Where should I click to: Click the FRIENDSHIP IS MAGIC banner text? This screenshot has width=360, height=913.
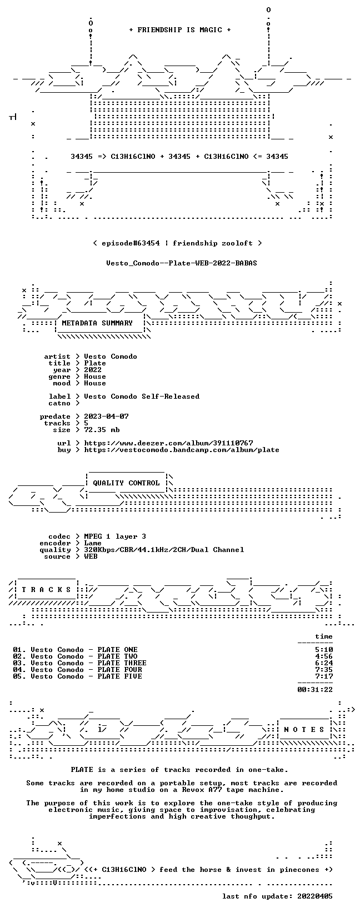[x=180, y=30]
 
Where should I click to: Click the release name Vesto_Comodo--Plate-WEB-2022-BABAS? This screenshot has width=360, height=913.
[x=182, y=263]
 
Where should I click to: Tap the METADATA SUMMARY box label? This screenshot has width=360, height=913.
[x=97, y=323]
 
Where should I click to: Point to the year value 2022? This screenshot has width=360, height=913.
[x=93, y=370]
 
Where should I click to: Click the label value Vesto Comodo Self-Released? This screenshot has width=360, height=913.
[x=142, y=396]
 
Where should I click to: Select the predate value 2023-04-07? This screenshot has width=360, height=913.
[x=106, y=416]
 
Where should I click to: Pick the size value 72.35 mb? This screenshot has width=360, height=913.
[x=102, y=430]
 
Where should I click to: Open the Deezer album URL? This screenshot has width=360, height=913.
[x=168, y=443]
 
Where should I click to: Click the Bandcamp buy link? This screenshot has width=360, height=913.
[x=182, y=450]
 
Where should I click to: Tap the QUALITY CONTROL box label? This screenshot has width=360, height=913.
[x=126, y=483]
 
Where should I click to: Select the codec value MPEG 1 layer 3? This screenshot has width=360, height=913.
[x=115, y=536]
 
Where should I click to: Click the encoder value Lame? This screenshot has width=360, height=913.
[x=93, y=543]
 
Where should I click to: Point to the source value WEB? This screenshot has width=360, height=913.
[x=91, y=556]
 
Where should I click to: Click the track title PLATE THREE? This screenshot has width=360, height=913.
[x=122, y=663]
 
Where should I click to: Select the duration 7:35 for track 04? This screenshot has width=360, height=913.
[x=324, y=670]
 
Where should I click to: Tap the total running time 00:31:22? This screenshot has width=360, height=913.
[x=315, y=690]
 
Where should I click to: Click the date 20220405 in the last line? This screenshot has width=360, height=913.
[x=315, y=896]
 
